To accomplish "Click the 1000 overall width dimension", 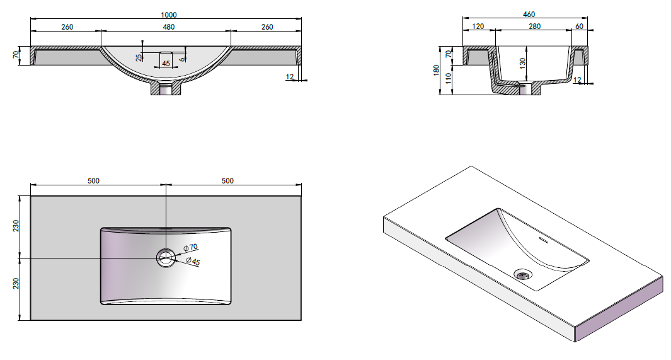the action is point(169,15).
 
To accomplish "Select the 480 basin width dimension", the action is point(169,27).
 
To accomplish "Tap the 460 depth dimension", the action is point(529,14).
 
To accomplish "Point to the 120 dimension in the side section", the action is point(478,26).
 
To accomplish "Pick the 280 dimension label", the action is point(534,26).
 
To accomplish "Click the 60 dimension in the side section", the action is point(579,26).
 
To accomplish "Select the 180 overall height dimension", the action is point(436,70).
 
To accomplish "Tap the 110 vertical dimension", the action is point(448,78).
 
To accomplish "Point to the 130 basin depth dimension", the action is point(522,63).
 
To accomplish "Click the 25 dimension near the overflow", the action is point(139,57).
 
